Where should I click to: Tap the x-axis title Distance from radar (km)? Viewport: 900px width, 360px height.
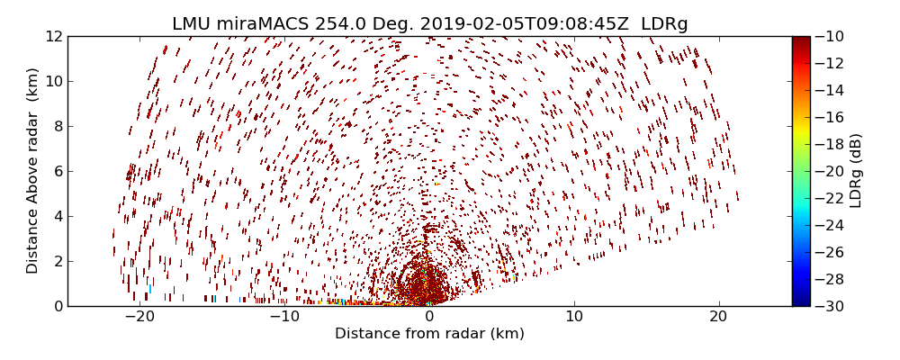429,334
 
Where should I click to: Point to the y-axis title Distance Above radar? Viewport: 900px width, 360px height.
33,171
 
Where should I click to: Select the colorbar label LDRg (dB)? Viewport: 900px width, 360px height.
856,171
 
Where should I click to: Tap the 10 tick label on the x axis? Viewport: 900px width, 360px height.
574,317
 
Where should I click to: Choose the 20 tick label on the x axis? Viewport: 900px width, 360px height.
718,317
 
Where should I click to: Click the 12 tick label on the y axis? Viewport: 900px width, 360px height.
53,36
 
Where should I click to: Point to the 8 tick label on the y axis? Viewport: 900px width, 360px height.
57,126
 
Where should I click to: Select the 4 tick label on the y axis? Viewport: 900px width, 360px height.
57,216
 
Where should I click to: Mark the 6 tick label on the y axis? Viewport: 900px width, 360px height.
57,171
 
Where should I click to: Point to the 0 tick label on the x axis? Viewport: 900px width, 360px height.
429,317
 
